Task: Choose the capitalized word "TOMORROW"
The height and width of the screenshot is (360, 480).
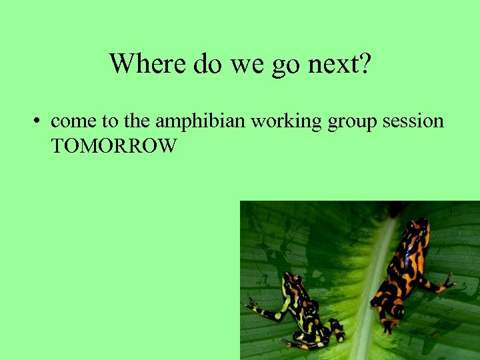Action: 113,146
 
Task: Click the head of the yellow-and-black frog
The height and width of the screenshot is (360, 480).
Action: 292,283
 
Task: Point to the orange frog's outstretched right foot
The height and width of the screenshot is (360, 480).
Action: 445,283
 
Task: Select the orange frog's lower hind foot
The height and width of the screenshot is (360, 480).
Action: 387,327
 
